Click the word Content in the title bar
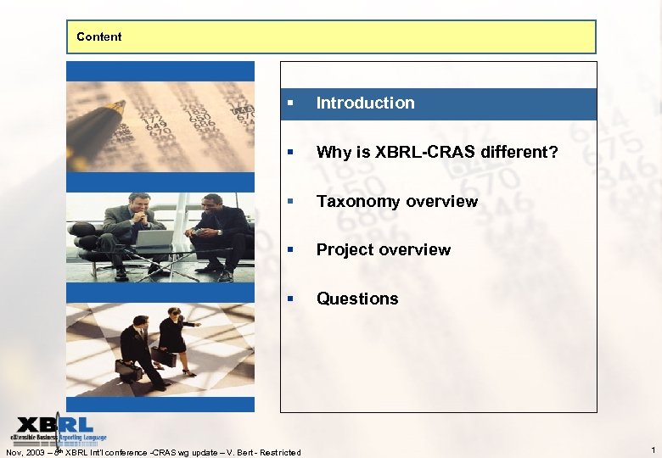pos(98,36)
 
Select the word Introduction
pos(365,103)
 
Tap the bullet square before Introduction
pos(290,103)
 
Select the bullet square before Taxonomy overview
pos(290,202)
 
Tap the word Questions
pos(357,299)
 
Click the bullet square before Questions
pos(290,299)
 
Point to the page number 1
pos(652,450)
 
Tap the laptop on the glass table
pos(155,238)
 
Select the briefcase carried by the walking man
pos(128,370)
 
